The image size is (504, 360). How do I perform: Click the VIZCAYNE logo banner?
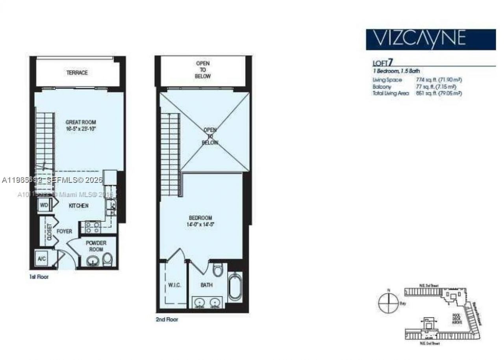coord(430,39)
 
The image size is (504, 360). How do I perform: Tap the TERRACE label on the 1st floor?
coord(77,73)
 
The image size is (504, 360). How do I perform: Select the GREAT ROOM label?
coord(80,122)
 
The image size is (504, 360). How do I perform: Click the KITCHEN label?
coord(78,206)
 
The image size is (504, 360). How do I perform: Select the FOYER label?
coord(64,231)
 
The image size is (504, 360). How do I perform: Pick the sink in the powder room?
coord(93,261)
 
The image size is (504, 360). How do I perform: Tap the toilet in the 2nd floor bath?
coord(217,270)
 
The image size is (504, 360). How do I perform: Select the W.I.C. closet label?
coord(174,285)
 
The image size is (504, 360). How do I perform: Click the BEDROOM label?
coord(200,218)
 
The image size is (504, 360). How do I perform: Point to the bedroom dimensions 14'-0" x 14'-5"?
coord(200,225)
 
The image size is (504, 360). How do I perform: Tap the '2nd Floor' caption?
coord(167,319)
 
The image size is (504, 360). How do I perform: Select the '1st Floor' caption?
coord(39,277)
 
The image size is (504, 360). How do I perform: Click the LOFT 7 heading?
coord(383,63)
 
